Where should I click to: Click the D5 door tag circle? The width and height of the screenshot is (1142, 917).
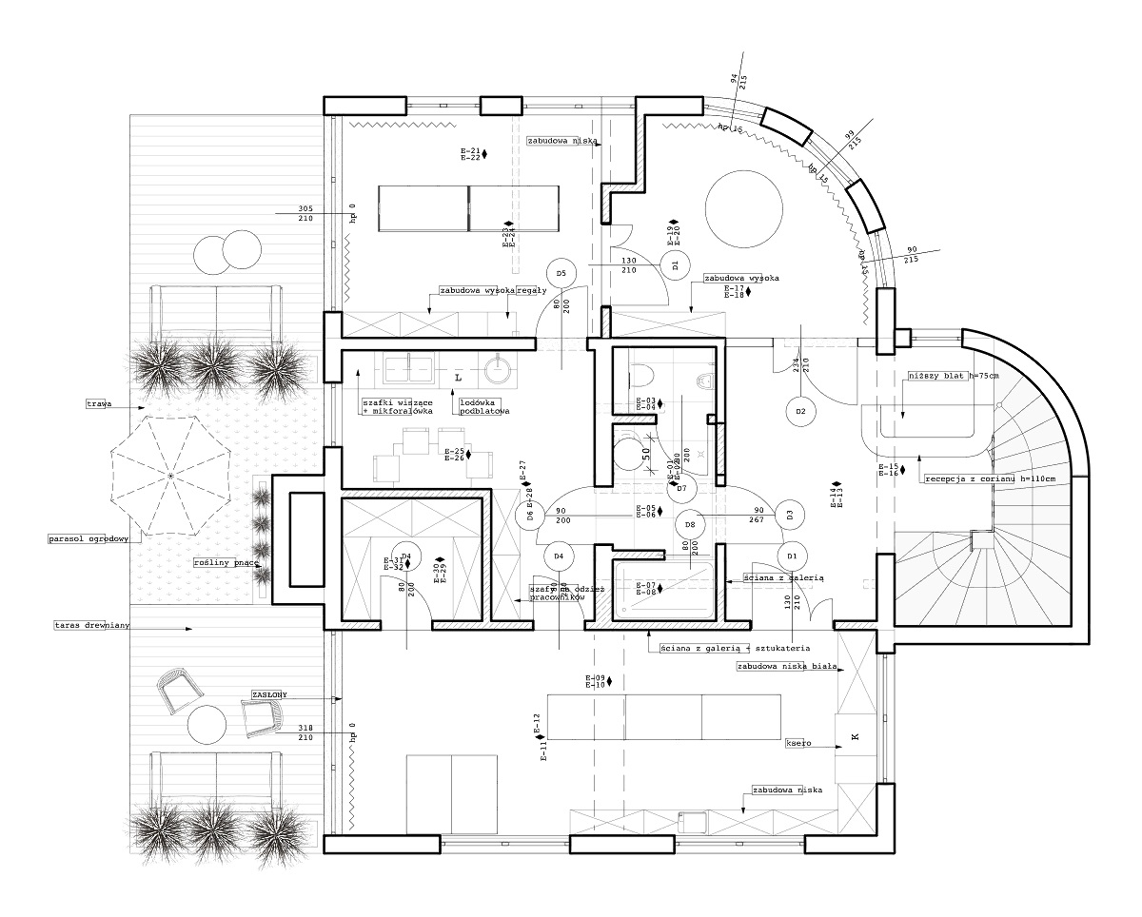(x=561, y=274)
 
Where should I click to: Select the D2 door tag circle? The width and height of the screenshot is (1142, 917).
(x=801, y=411)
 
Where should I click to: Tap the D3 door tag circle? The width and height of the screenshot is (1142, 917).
(x=790, y=515)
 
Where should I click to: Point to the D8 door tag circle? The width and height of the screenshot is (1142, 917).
(x=690, y=524)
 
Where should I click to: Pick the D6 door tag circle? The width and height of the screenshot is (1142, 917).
(x=523, y=517)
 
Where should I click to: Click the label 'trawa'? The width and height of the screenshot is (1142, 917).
(x=99, y=404)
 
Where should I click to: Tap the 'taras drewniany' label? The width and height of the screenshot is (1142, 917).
(x=91, y=625)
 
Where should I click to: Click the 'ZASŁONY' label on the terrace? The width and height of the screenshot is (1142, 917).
(x=269, y=694)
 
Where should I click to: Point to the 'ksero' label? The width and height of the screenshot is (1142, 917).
(x=797, y=742)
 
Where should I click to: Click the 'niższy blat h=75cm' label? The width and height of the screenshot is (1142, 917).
(x=955, y=376)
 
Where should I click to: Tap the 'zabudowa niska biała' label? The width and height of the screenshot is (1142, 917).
(x=786, y=667)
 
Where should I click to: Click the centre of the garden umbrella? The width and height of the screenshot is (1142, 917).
(x=169, y=474)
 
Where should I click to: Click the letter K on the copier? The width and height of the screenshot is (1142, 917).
(x=854, y=737)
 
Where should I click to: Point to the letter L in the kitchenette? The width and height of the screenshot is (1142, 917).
(x=458, y=378)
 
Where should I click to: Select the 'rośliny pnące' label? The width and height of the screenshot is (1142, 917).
(x=226, y=562)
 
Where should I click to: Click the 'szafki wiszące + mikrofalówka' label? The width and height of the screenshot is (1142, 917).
(x=397, y=406)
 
